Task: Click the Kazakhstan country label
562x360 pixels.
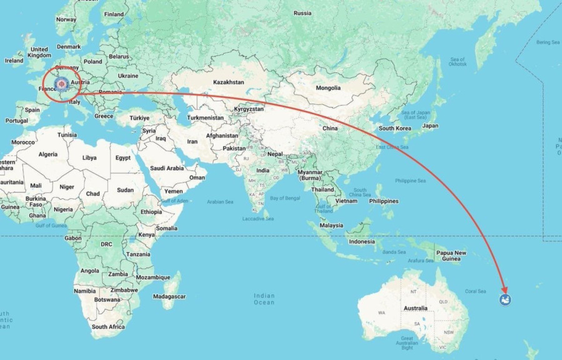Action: click(228, 82)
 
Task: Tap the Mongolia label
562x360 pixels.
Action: click(328, 88)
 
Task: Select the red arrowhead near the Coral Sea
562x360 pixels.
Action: click(503, 291)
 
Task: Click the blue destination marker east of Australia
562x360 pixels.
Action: click(505, 301)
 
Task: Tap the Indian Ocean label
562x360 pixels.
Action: click(264, 299)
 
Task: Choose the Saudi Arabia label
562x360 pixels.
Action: click(167, 168)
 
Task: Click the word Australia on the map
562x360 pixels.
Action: click(415, 308)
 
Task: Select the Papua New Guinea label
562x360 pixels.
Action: click(451, 255)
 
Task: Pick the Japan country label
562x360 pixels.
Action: click(430, 125)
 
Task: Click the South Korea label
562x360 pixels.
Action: click(395, 128)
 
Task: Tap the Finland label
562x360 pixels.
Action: click(114, 14)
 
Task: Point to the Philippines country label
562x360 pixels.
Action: click(383, 201)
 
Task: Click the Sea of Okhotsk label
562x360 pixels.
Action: click(457, 61)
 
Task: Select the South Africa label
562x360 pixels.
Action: click(108, 326)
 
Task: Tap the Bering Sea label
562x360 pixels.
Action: click(548, 42)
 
